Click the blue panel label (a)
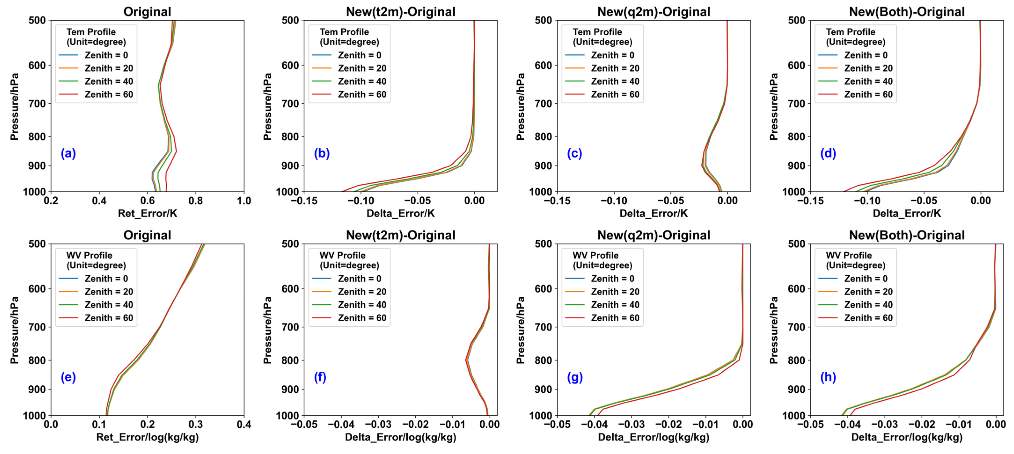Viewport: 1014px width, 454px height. [x=68, y=153]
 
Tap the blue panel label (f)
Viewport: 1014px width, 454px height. [x=320, y=377]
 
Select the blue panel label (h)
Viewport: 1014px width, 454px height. [x=828, y=377]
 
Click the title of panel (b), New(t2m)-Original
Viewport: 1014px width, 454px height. [x=400, y=12]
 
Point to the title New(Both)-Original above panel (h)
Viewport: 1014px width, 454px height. [x=907, y=235]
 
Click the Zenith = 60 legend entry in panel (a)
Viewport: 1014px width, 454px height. [x=109, y=94]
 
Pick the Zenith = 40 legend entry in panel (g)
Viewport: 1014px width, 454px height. [x=615, y=305]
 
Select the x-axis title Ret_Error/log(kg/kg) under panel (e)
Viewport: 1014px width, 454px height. [x=148, y=437]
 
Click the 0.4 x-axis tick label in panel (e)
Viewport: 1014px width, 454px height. [x=244, y=425]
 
